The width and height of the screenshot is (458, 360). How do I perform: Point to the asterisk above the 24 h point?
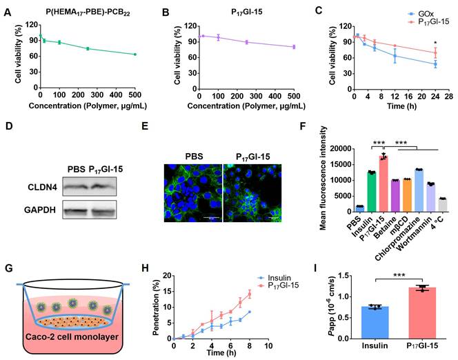click(436, 42)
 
